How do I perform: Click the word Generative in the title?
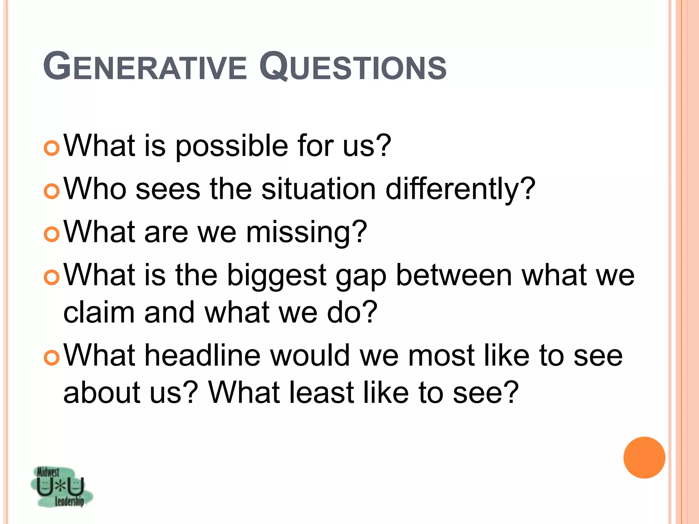pyautogui.click(x=145, y=66)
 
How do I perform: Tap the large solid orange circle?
pyautogui.click(x=644, y=457)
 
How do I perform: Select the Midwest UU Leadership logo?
pyautogui.click(x=61, y=487)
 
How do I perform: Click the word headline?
pyautogui.click(x=203, y=355)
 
